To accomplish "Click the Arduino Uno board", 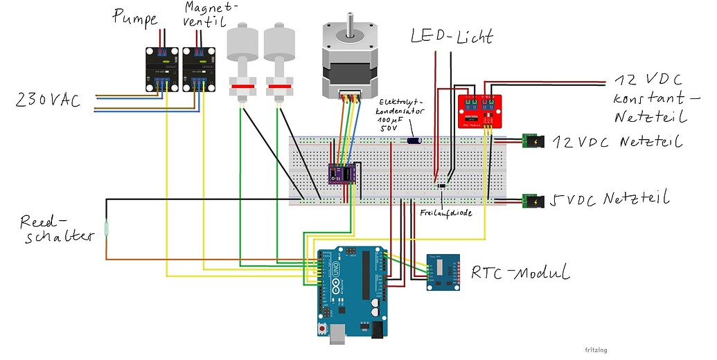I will click(350, 291).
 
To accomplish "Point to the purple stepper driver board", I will click(342, 174).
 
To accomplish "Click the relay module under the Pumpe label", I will click(161, 70).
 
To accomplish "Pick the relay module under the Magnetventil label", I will click(199, 70).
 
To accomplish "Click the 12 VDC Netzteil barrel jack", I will click(533, 143).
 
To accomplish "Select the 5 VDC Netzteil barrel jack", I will click(533, 202).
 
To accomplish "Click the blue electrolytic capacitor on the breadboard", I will click(414, 141).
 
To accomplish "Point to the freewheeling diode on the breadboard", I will click(441, 186).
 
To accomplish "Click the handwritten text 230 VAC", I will click(47, 102).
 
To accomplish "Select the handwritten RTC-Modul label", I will click(520, 273).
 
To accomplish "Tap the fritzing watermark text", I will click(595, 350).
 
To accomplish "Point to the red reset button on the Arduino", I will click(322, 327).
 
